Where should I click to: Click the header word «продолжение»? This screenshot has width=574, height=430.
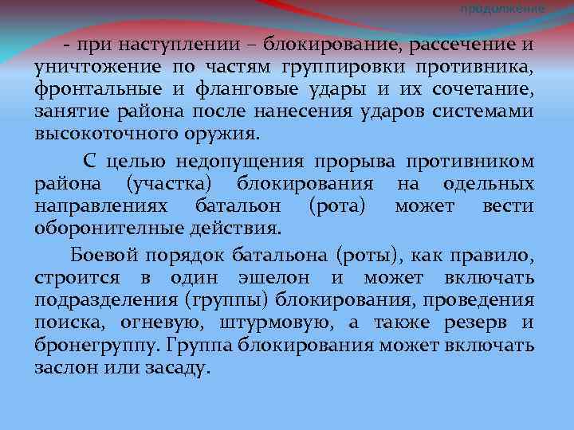503,8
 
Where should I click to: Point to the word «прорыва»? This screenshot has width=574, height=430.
356,162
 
